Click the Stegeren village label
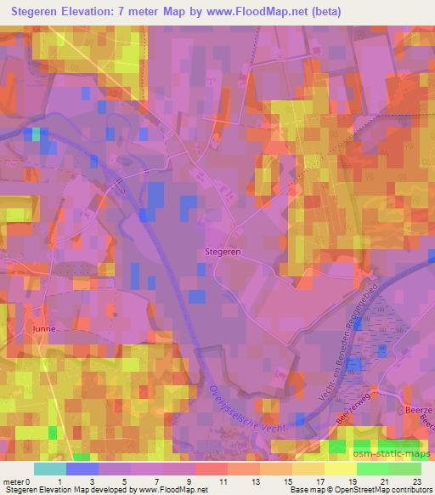[x=223, y=252]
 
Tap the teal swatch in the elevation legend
[x=50, y=469]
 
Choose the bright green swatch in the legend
[x=372, y=469]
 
